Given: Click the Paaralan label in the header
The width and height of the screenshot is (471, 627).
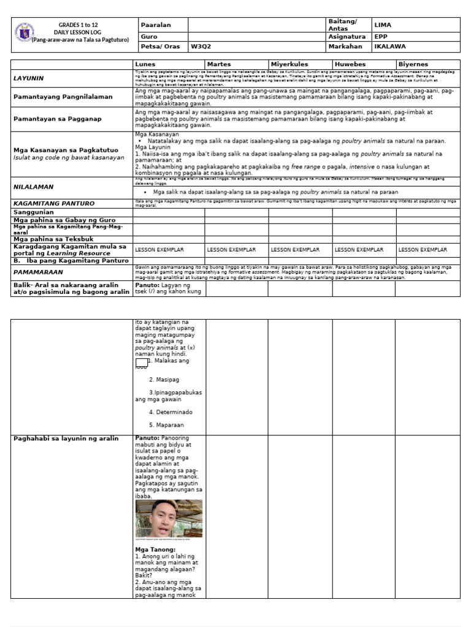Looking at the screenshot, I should click(x=156, y=24).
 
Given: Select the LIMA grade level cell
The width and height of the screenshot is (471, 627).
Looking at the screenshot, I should click(x=383, y=24).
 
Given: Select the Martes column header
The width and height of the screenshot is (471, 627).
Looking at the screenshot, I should click(x=219, y=64).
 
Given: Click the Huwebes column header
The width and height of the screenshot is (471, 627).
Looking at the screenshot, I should click(x=350, y=64).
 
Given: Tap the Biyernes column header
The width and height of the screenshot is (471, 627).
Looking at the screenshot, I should click(x=413, y=64).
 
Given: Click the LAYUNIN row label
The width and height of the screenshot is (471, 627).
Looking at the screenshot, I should click(x=29, y=78).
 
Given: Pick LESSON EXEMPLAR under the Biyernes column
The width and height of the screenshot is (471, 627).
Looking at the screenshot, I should click(x=423, y=250).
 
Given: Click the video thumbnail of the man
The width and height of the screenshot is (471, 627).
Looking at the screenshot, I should click(x=169, y=518).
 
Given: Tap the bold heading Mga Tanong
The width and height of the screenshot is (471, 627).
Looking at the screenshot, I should click(x=155, y=550).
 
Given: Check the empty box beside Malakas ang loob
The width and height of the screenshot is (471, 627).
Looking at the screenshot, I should click(x=141, y=362).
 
